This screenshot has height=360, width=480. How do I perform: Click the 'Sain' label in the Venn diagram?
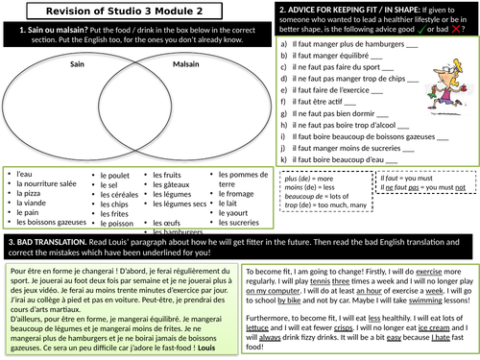pos(79,64)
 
